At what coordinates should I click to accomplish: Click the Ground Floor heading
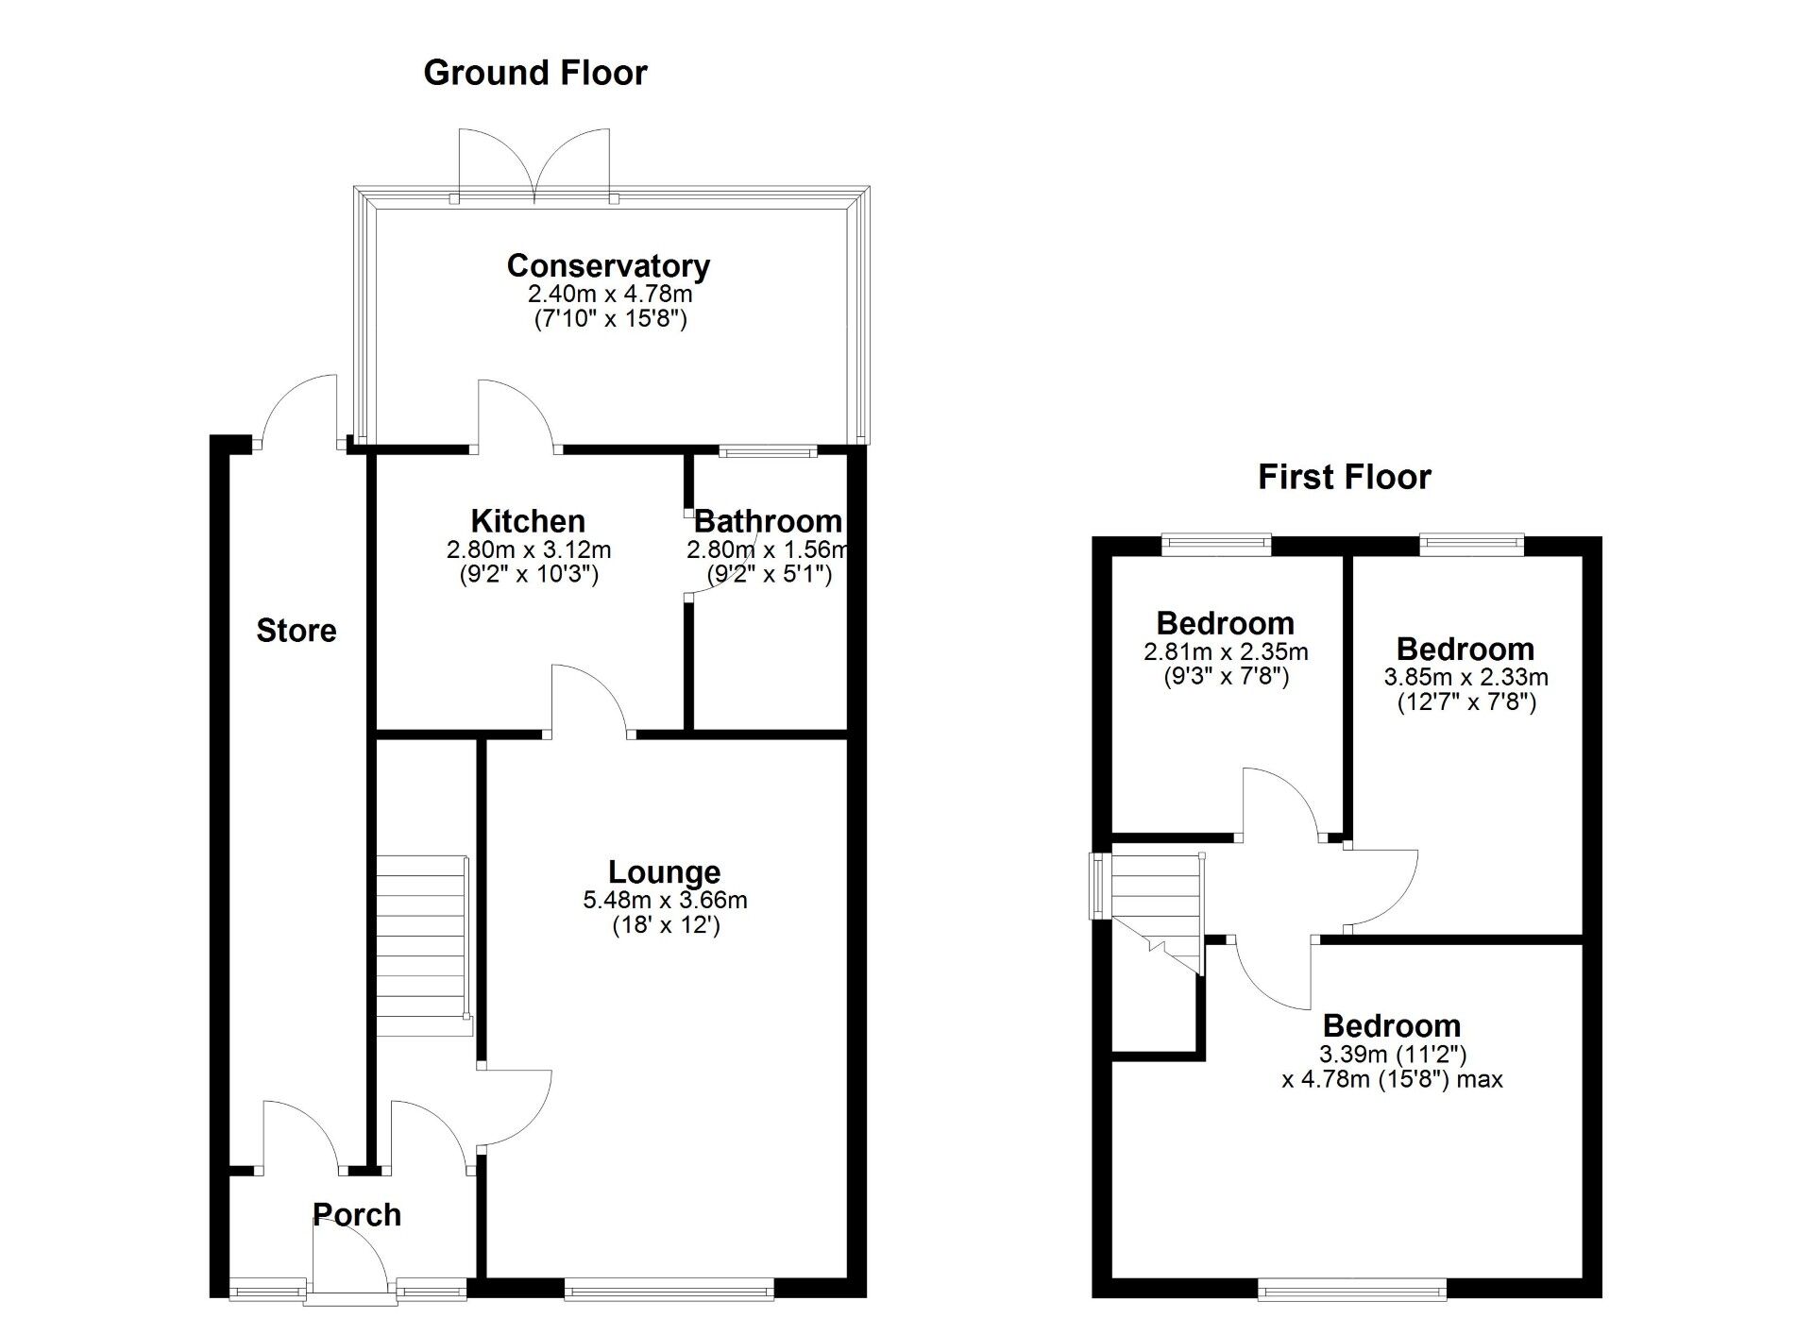click(x=534, y=73)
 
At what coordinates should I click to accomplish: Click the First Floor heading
click(x=1344, y=477)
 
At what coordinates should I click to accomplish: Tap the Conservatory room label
click(x=608, y=266)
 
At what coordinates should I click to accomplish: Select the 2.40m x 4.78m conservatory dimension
click(x=610, y=294)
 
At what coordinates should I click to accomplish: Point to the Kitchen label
click(x=528, y=521)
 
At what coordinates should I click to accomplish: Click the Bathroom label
click(x=768, y=521)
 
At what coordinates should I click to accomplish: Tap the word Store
click(x=297, y=631)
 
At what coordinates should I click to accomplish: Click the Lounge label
click(x=664, y=871)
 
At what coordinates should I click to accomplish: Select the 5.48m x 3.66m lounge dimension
click(x=665, y=900)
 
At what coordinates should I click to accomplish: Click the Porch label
click(x=357, y=1214)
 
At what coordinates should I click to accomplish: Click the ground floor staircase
click(x=422, y=944)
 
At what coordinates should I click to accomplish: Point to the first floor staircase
click(x=1157, y=906)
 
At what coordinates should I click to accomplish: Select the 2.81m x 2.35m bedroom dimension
click(x=1226, y=651)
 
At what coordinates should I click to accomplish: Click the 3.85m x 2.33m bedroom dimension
click(x=1466, y=677)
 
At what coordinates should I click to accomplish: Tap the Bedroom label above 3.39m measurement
click(x=1391, y=1025)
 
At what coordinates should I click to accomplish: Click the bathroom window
click(x=767, y=452)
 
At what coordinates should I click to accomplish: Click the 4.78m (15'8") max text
click(x=1392, y=1079)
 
